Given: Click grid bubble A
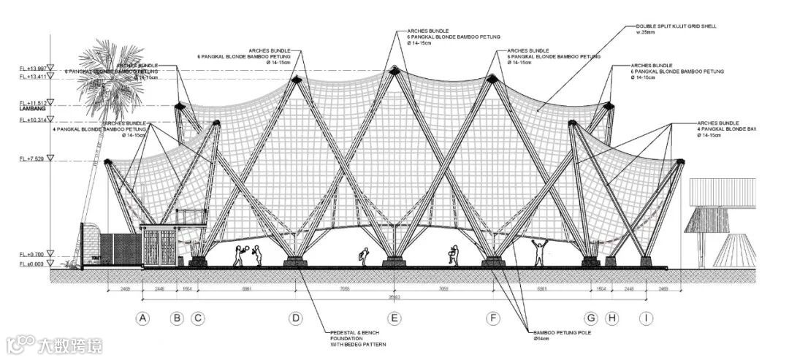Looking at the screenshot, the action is pyautogui.click(x=142, y=318).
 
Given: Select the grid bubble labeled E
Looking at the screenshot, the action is pyautogui.click(x=394, y=318).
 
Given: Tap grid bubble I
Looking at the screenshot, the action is pyautogui.click(x=646, y=318).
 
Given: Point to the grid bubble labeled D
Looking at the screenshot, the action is pyautogui.click(x=295, y=318).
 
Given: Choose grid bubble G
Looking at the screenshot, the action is pyautogui.click(x=590, y=318).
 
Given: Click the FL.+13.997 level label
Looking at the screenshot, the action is pyautogui.click(x=32, y=69).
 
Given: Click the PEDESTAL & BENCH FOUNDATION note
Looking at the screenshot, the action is pyautogui.click(x=357, y=338).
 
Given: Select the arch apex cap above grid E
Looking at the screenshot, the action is pyautogui.click(x=394, y=70).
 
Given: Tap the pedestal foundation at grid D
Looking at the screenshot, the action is pyautogui.click(x=295, y=261).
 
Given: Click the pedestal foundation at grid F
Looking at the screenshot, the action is pyautogui.click(x=493, y=261).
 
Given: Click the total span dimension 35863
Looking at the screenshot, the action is pyautogui.click(x=394, y=297).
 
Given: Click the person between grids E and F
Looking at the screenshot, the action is pyautogui.click(x=451, y=253).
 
